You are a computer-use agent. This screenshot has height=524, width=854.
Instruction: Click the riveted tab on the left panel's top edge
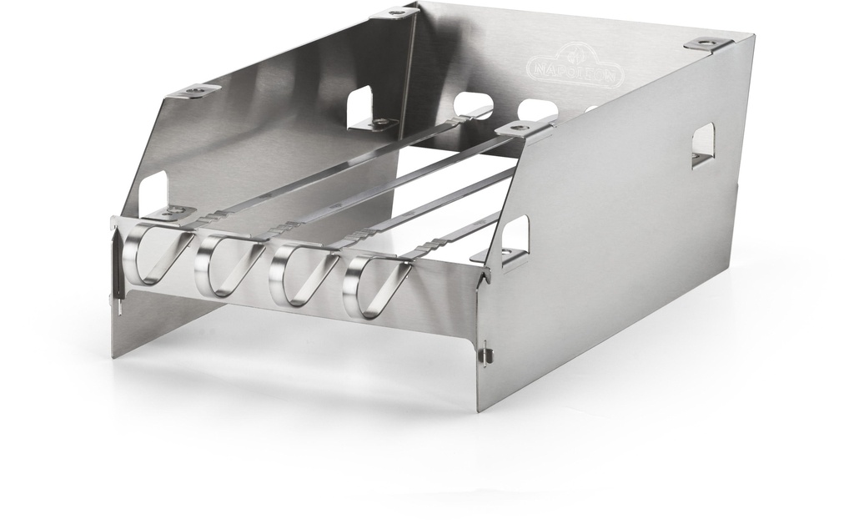click(198, 90)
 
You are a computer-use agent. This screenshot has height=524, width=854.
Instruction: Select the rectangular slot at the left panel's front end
click(154, 190)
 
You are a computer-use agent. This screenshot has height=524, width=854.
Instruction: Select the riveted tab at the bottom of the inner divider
click(381, 124)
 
